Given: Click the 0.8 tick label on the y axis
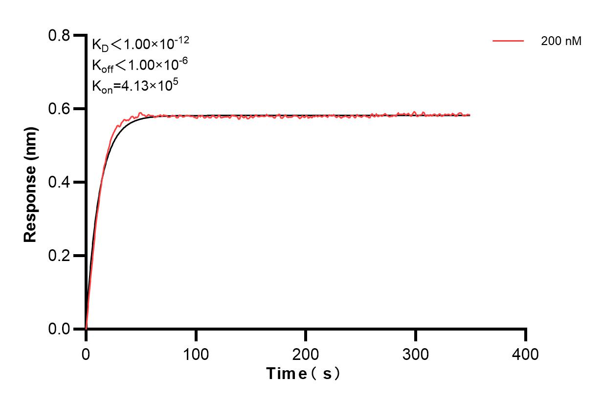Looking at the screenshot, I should coord(59,36).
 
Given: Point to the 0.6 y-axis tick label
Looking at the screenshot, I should coord(59,109).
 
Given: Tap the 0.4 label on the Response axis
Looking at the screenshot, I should coord(59,182).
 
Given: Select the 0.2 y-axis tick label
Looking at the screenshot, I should coord(59,256).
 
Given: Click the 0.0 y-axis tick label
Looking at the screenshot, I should coord(59,329).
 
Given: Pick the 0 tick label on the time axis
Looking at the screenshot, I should coord(86,354).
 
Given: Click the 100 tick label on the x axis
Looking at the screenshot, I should coord(196,354).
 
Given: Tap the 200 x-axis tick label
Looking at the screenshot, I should coord(306,354).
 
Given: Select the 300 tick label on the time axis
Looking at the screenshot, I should coord(416,354).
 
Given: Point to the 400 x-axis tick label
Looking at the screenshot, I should coord(525,354).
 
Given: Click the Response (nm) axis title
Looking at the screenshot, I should coord(30,182).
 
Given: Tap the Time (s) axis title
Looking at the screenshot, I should coord(303,374).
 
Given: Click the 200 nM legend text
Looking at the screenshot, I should coord(561,42).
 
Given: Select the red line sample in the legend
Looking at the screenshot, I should coord(508,42).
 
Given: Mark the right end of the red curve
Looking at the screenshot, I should coord(470,115).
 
